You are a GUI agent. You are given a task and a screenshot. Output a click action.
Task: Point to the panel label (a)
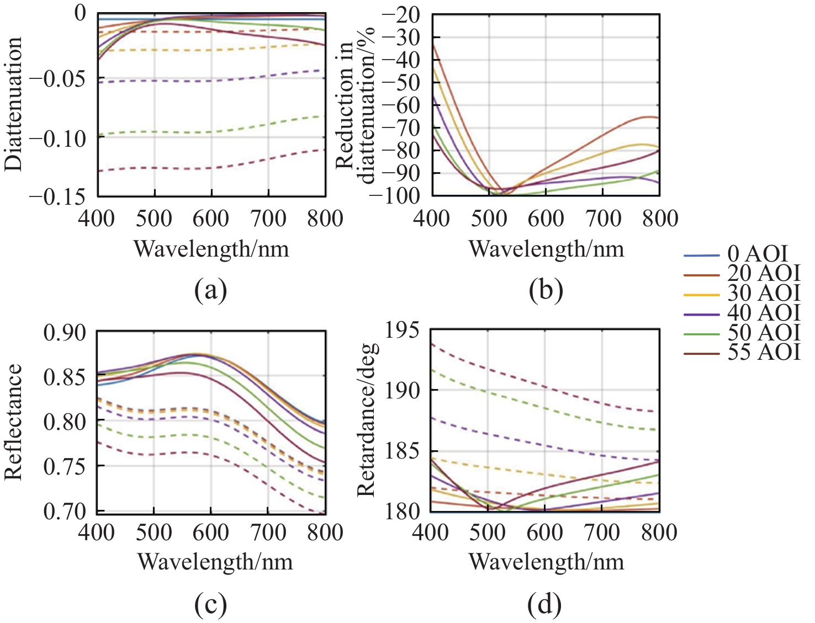click(210, 290)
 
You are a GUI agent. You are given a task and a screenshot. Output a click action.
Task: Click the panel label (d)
click(544, 605)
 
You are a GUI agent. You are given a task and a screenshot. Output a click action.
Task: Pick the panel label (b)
click(546, 290)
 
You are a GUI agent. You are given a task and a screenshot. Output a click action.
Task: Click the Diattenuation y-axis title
click(13, 104)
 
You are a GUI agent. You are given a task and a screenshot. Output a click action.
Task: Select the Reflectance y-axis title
click(13, 422)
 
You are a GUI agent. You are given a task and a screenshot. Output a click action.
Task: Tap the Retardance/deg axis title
click(367, 420)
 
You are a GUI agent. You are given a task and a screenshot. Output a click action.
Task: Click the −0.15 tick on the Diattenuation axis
click(57, 196)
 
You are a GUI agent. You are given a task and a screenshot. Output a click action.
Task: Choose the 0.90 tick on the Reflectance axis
click(65, 333)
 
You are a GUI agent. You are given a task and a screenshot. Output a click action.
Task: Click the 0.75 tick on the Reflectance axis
click(65, 466)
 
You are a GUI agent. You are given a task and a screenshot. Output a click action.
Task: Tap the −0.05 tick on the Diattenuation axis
click(57, 78)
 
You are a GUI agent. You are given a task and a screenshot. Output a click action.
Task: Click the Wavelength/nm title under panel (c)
click(215, 562)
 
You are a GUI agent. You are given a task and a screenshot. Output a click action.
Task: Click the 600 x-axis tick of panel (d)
click(544, 533)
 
